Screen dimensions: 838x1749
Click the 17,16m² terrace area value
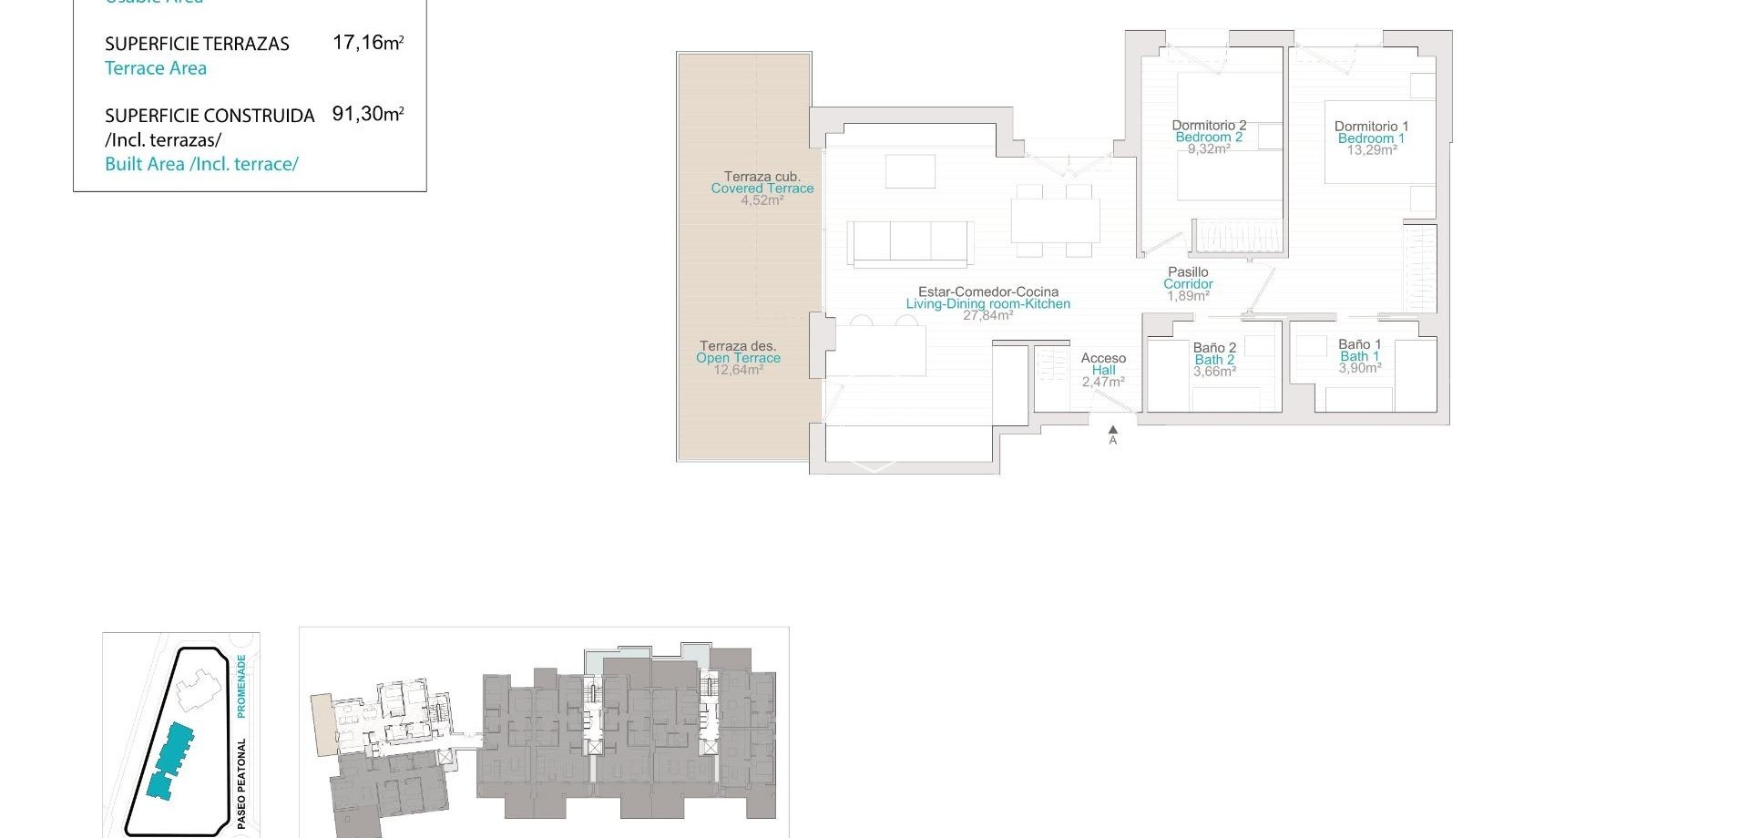368,42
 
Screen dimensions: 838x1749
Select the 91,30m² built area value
368,114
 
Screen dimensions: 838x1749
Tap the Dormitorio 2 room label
1209,126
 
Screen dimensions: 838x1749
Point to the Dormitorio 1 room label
1371,127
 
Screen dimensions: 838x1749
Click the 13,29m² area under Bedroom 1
1372,150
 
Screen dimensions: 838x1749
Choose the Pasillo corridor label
1188,271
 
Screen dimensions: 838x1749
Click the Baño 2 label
1214,348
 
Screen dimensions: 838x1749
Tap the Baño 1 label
1359,344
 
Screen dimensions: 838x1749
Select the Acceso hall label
1103,358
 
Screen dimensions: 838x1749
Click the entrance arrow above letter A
1112,430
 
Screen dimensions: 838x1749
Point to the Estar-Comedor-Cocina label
988,292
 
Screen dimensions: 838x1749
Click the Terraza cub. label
762,177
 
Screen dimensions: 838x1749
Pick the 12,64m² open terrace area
738,370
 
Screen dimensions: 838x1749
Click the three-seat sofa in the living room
910,242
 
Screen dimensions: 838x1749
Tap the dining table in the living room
1055,220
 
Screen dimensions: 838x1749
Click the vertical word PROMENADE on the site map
241,685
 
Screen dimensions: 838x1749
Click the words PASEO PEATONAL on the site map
241,783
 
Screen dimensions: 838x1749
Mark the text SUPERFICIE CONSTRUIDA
210,116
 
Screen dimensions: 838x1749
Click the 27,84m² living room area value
987,316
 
